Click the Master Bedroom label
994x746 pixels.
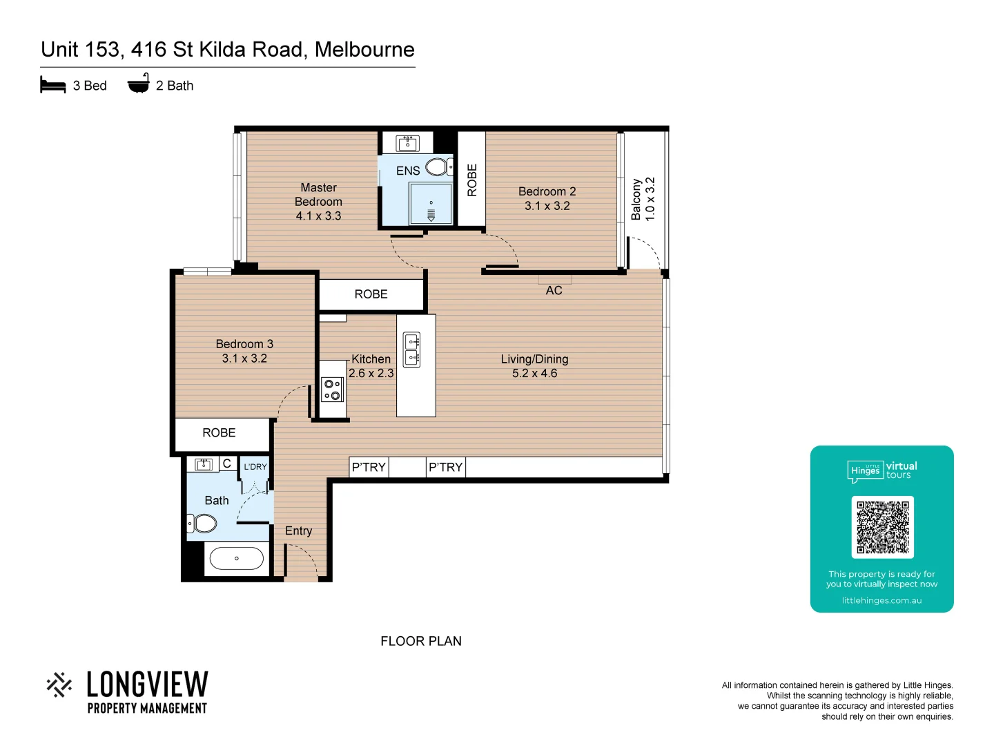tap(318, 195)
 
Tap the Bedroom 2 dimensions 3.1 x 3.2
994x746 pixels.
tap(547, 206)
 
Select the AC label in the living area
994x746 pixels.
tap(554, 291)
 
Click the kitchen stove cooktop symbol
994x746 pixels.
tap(333, 390)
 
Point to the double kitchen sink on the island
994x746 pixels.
tap(412, 350)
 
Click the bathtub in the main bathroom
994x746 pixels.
tap(236, 558)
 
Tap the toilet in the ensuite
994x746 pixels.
tap(438, 166)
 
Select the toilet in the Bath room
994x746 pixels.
tap(203, 523)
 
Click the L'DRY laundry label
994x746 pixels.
tap(255, 467)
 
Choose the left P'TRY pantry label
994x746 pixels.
tap(369, 468)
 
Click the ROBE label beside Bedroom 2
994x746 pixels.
tap(472, 180)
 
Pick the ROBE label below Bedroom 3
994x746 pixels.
tap(219, 433)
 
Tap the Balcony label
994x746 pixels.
tap(636, 199)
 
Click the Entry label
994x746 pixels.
tap(298, 531)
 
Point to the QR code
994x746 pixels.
tap(882, 527)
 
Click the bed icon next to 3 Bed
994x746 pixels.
tap(53, 86)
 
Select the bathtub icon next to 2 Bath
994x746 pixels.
tap(139, 84)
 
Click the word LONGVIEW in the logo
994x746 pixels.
tap(147, 685)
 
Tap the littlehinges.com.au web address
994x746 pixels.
tap(881, 601)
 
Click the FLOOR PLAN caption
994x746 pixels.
tap(421, 641)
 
